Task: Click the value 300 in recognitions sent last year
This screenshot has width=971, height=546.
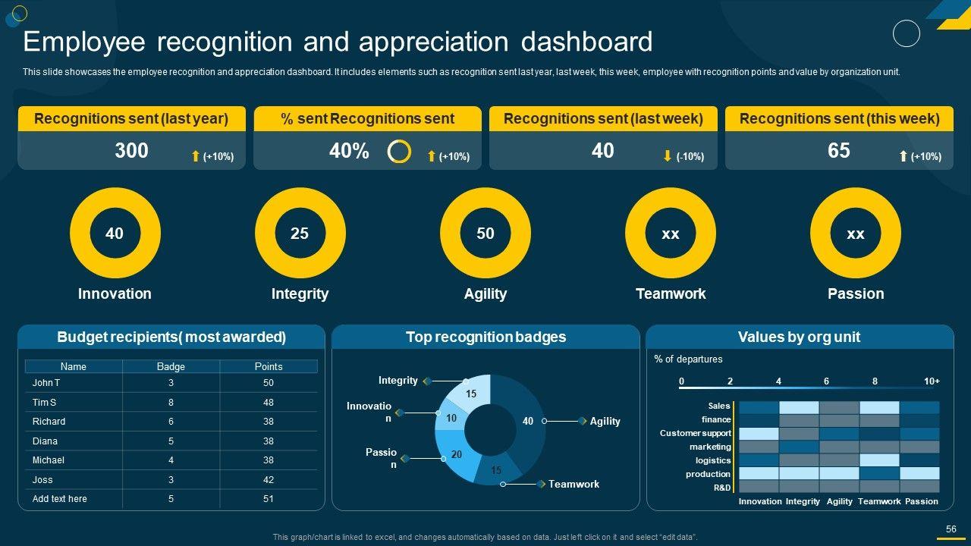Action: [x=131, y=151]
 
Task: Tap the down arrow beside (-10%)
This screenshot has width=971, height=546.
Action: [x=668, y=156]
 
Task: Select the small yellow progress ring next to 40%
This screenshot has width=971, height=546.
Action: [x=399, y=152]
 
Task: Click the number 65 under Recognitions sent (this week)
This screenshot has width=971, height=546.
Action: [x=838, y=151]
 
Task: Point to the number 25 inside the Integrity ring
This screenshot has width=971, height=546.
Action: [x=300, y=234]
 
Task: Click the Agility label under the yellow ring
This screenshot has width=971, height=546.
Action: [x=485, y=294]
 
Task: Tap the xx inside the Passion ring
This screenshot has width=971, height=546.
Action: [x=856, y=234]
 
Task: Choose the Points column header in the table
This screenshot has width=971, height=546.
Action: [x=269, y=366]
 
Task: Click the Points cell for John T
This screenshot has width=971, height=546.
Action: [x=269, y=383]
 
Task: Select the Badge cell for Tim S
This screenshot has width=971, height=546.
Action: [x=171, y=403]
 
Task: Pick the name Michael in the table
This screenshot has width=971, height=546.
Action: [x=49, y=460]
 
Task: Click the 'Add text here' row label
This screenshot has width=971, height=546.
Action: [x=60, y=499]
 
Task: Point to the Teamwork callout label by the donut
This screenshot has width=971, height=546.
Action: [x=573, y=484]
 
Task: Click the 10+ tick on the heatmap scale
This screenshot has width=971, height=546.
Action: [x=932, y=381]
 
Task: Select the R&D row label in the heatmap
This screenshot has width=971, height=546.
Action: [x=722, y=488]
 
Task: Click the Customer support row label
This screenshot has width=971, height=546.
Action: [x=695, y=433]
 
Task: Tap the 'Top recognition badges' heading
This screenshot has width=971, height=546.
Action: [x=485, y=337]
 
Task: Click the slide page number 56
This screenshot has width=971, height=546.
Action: [x=951, y=529]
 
